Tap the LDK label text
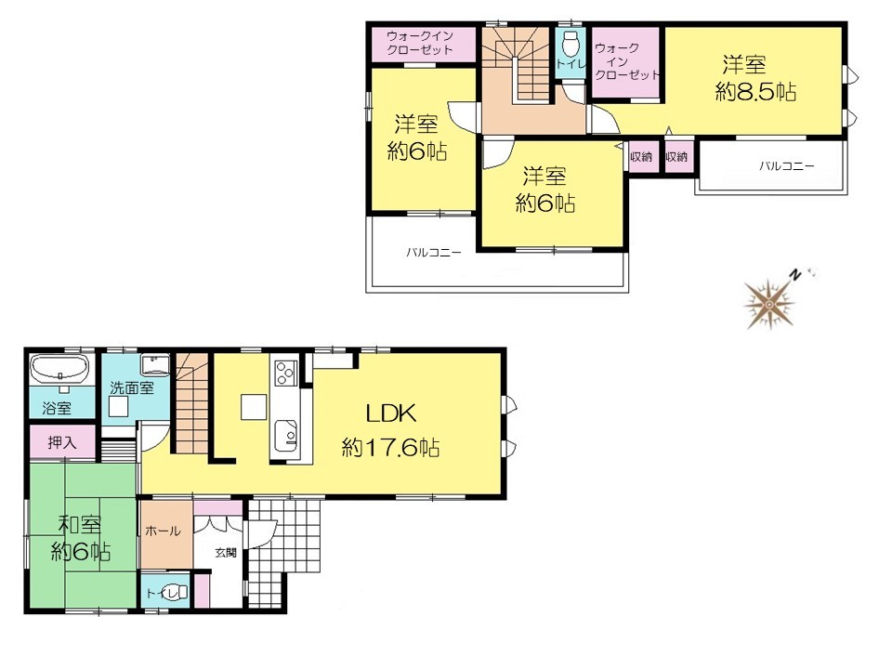coord(391,413)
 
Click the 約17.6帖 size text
coord(391,448)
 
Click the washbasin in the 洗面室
coord(155,364)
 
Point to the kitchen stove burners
coord(285,373)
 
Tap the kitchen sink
coord(285,436)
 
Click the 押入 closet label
coord(62,442)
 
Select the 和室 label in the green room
coord(81,524)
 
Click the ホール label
coord(164,531)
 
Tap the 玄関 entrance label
coord(226,552)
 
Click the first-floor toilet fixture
coord(175,592)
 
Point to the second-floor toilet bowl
coord(570,43)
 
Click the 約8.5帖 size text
coord(755,92)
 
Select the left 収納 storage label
coord(641,156)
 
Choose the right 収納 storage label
coord(676,156)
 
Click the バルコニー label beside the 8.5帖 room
coord(787,166)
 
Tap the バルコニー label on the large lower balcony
coord(434,252)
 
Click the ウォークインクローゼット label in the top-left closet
coord(420,43)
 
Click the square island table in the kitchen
coord(253,407)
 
